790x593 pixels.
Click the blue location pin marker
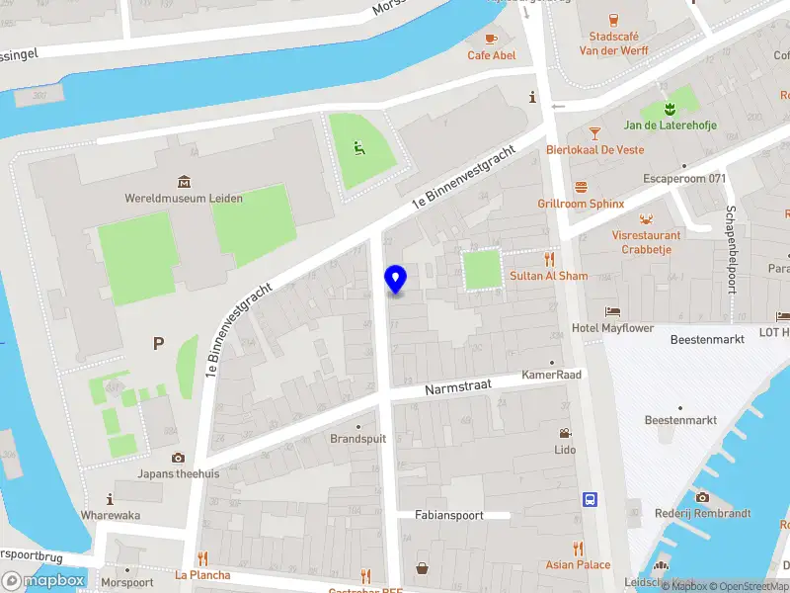point(395,280)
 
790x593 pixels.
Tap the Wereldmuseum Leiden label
point(184,198)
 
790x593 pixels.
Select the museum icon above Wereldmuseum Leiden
point(184,181)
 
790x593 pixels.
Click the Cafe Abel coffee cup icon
point(491,38)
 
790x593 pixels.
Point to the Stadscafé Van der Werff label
point(612,43)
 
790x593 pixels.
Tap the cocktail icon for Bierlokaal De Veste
point(594,132)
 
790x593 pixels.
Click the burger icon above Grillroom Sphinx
point(582,186)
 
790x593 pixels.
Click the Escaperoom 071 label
point(684,178)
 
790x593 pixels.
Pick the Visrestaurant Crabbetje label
point(646,242)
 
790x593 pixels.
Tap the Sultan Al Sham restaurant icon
point(550,259)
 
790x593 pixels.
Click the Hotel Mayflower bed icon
point(612,311)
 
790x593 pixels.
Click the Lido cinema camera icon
point(565,433)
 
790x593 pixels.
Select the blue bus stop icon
point(590,499)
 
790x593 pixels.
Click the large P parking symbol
point(157,344)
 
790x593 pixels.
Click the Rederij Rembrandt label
point(702,513)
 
